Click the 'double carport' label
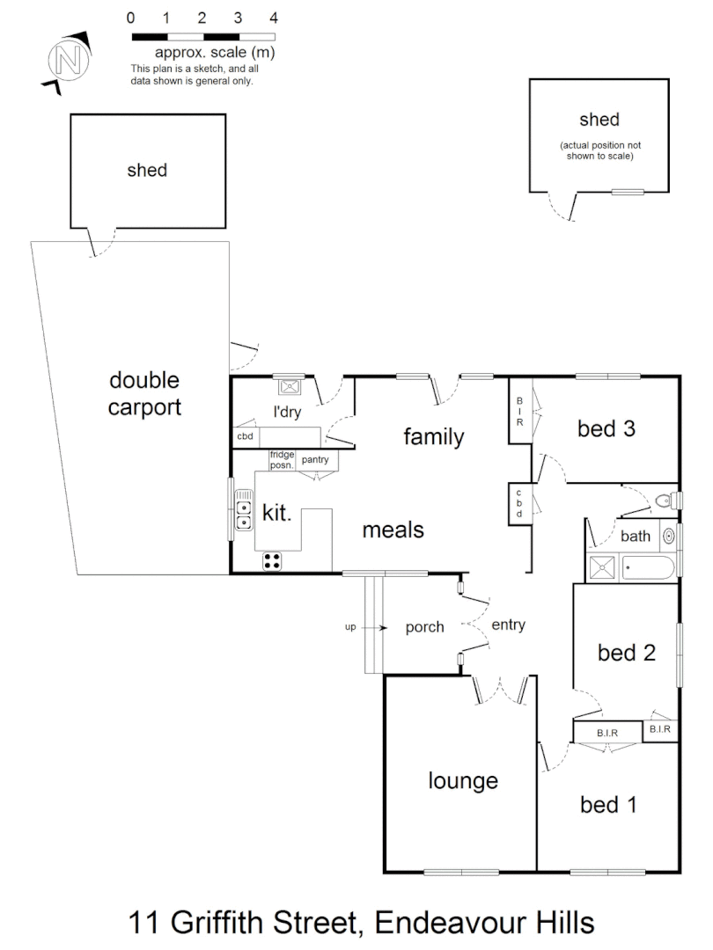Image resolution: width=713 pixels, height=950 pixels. pos(144,393)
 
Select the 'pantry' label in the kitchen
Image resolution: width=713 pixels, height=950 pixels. pos(314,459)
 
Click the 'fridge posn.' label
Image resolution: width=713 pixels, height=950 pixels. pos(283,459)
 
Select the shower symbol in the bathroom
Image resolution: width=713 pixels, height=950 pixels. pos(603,566)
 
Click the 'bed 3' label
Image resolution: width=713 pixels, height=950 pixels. pos(606,429)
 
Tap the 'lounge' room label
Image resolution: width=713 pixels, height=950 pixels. pos(463,780)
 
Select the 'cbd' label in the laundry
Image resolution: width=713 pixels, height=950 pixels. pos(245,436)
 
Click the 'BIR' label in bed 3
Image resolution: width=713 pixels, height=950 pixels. pos(519,411)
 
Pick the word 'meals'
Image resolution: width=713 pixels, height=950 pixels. pos(393,530)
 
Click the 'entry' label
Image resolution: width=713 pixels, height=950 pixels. pos(508,625)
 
